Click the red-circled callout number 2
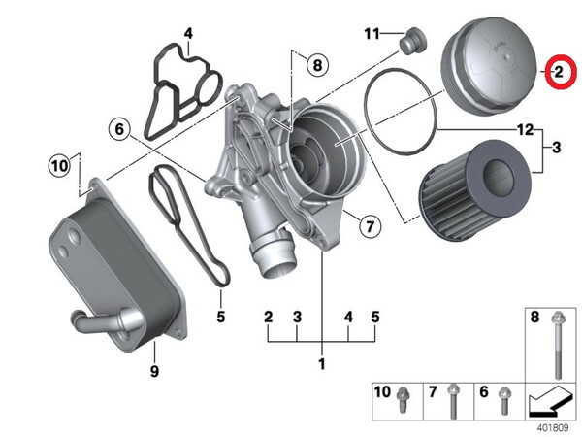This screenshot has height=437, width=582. tap(560, 72)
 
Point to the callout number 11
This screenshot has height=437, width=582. tap(373, 34)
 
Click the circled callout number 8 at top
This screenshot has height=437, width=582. tap(315, 66)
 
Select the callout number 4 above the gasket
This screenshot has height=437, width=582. tap(188, 33)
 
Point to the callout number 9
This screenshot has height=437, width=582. tap(153, 371)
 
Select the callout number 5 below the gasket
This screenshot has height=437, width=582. tap(220, 316)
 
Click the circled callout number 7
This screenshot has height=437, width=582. tap(369, 228)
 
